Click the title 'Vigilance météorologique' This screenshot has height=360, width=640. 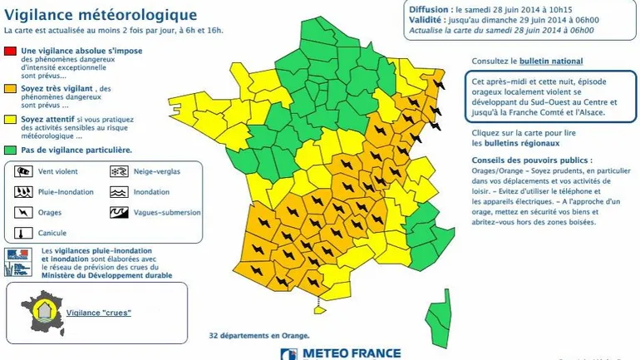(x=101, y=14)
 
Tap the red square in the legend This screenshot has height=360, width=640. (x=10, y=51)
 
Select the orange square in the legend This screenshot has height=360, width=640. (x=10, y=88)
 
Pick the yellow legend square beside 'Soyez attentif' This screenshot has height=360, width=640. (x=10, y=119)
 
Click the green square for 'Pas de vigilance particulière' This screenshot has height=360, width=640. (x=10, y=150)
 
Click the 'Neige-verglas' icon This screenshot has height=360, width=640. (x=118, y=172)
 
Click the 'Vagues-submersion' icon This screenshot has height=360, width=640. (x=118, y=213)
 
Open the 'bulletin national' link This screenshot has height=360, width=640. (x=551, y=62)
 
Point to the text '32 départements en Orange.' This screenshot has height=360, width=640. (x=258, y=336)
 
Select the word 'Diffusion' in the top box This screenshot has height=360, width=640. (x=428, y=8)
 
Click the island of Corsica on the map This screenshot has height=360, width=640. (x=439, y=317)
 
